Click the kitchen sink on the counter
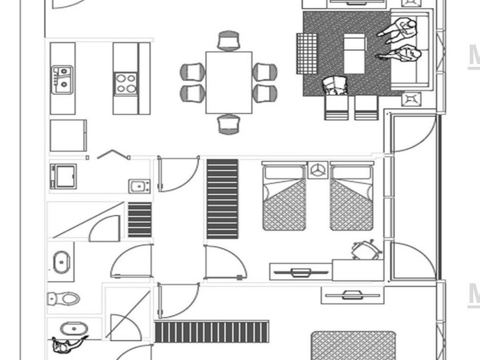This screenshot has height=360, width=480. pyautogui.click(x=62, y=79)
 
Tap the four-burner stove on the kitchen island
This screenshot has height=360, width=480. pyautogui.click(x=126, y=83)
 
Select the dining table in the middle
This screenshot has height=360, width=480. pyautogui.click(x=229, y=82)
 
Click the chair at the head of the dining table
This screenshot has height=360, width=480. pyautogui.click(x=229, y=41)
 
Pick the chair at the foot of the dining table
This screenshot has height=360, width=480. pyautogui.click(x=229, y=124)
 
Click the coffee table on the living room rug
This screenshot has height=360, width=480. pyautogui.click(x=354, y=53)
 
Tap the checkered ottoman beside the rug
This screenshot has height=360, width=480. pyautogui.click(x=306, y=53)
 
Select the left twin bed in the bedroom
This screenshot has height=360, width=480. pyautogui.click(x=284, y=197)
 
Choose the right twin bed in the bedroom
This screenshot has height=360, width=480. pyautogui.click(x=351, y=197)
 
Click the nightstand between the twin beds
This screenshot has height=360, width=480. pyautogui.click(x=318, y=170)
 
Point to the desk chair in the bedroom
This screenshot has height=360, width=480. pyautogui.click(x=365, y=250)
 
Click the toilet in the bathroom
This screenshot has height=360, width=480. pyautogui.click(x=63, y=298)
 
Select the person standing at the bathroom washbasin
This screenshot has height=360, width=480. pyautogui.click(x=66, y=345)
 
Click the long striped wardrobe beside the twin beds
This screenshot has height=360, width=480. pyautogui.click(x=222, y=198)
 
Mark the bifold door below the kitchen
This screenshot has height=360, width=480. pyautogui.click(x=113, y=154)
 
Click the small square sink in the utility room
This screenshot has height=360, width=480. pyautogui.click(x=139, y=186)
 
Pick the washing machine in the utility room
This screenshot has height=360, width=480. pyautogui.click(x=63, y=176)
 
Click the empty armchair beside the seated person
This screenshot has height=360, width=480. pyautogui.click(x=366, y=107)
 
